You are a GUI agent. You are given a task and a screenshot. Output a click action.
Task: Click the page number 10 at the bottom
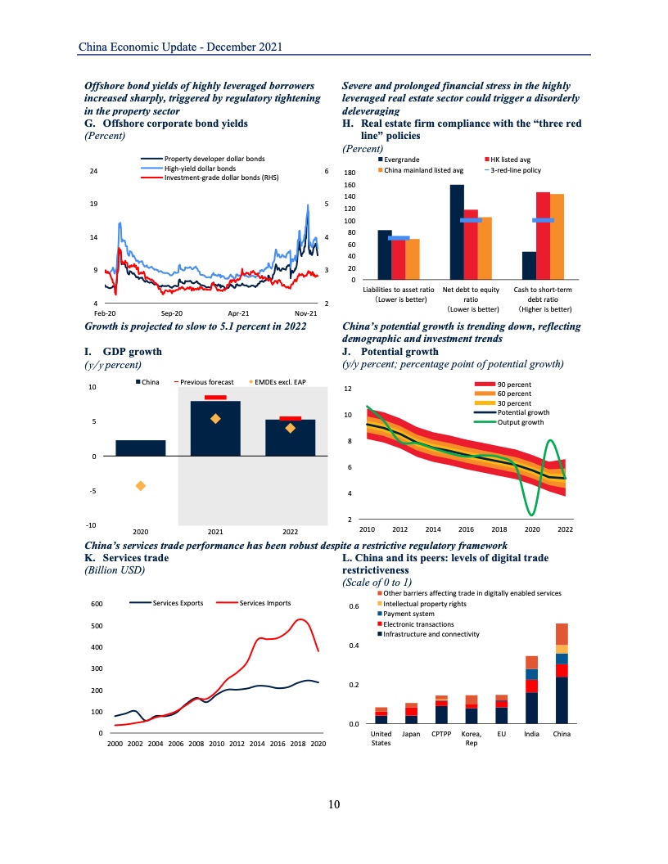click(333, 804)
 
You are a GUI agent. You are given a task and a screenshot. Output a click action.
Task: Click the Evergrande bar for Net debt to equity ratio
click(457, 232)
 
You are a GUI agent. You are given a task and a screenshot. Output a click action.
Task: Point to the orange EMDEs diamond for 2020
click(141, 486)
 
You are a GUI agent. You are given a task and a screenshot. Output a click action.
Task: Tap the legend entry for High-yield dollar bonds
click(200, 168)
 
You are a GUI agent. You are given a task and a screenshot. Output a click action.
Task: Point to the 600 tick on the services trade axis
click(96, 605)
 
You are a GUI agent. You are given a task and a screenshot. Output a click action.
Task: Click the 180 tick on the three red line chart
click(350, 173)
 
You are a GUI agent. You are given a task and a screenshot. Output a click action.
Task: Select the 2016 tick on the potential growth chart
click(466, 529)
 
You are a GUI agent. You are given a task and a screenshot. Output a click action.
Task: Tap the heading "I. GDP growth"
click(124, 352)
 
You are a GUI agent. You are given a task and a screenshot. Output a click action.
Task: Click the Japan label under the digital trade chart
click(412, 735)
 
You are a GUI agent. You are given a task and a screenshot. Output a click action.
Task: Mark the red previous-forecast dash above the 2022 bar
click(291, 418)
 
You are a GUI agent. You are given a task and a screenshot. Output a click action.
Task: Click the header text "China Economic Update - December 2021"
click(181, 47)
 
